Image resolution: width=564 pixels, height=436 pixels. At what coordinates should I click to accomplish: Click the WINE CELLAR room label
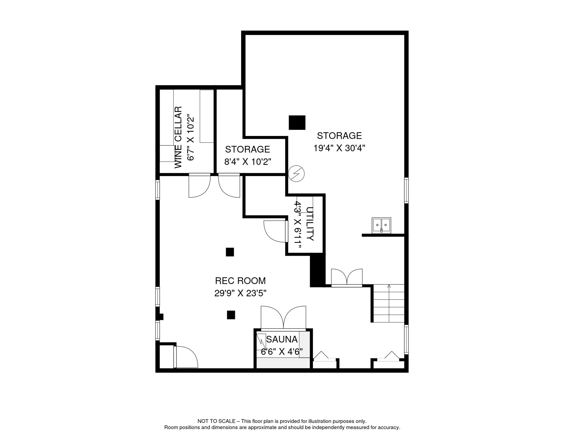click(x=178, y=137)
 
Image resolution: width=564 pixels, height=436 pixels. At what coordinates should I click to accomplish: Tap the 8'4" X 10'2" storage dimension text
click(x=248, y=162)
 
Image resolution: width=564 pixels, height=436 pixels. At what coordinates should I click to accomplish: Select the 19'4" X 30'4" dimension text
click(x=339, y=148)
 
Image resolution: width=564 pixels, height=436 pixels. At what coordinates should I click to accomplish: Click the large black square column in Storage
click(x=297, y=123)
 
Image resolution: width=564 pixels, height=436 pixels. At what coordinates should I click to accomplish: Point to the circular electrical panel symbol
click(x=296, y=173)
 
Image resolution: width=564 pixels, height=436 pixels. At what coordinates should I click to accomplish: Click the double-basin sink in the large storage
click(x=381, y=225)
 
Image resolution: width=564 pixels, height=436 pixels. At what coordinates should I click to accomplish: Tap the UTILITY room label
click(x=310, y=224)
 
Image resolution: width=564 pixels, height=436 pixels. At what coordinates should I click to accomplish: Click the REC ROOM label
click(x=240, y=281)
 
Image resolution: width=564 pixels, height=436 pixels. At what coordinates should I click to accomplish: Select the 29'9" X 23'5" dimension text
click(x=240, y=293)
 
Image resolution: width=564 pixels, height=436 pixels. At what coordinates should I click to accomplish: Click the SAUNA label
click(x=282, y=339)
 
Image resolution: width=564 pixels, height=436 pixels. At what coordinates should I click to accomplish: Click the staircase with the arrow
click(x=389, y=303)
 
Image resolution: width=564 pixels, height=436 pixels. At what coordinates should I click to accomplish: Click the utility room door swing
click(x=275, y=231)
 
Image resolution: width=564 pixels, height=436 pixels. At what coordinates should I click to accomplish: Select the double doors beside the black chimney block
click(x=347, y=277)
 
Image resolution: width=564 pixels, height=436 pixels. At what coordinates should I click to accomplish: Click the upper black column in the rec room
click(x=230, y=252)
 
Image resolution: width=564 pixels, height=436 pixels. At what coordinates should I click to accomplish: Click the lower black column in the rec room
click(x=231, y=315)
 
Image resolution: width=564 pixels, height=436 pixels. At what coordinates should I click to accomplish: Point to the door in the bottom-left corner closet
click(x=186, y=357)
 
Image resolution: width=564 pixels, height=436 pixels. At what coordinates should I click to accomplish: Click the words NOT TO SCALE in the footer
click(x=216, y=421)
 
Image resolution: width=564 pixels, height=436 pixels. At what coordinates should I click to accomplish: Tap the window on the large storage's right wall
click(x=406, y=190)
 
